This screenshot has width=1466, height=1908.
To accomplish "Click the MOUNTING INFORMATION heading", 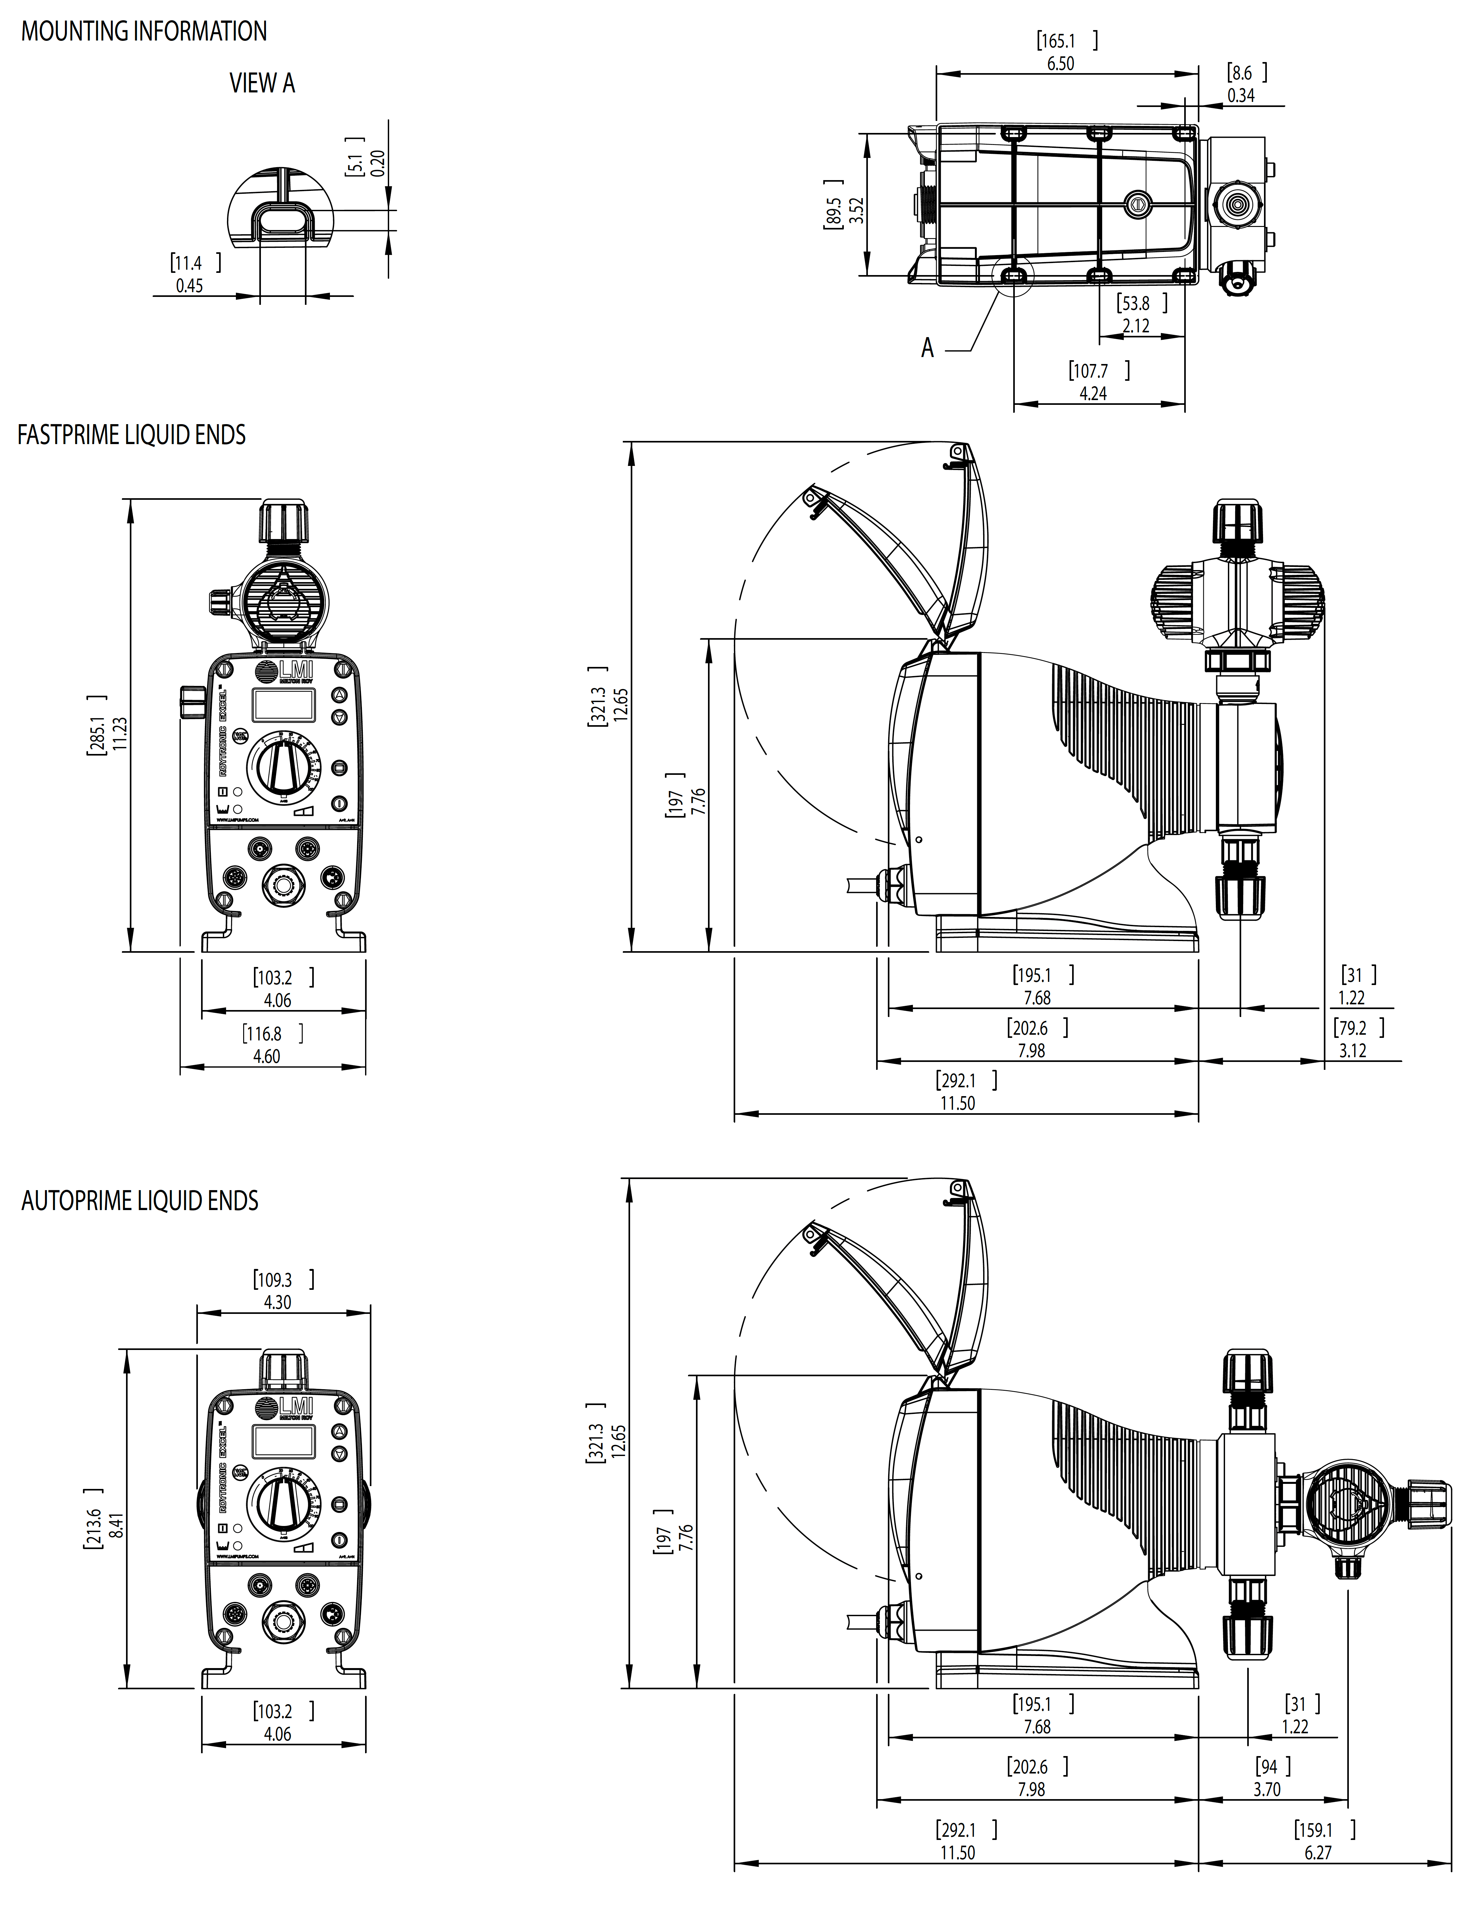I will [144, 31].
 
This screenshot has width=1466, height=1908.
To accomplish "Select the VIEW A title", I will [262, 84].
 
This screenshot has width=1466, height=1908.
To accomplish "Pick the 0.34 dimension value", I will [1241, 95].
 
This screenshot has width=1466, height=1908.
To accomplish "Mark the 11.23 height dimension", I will [120, 733].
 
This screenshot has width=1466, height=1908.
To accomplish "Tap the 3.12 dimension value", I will [1353, 1051].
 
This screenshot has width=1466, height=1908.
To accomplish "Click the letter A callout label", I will [928, 348].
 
